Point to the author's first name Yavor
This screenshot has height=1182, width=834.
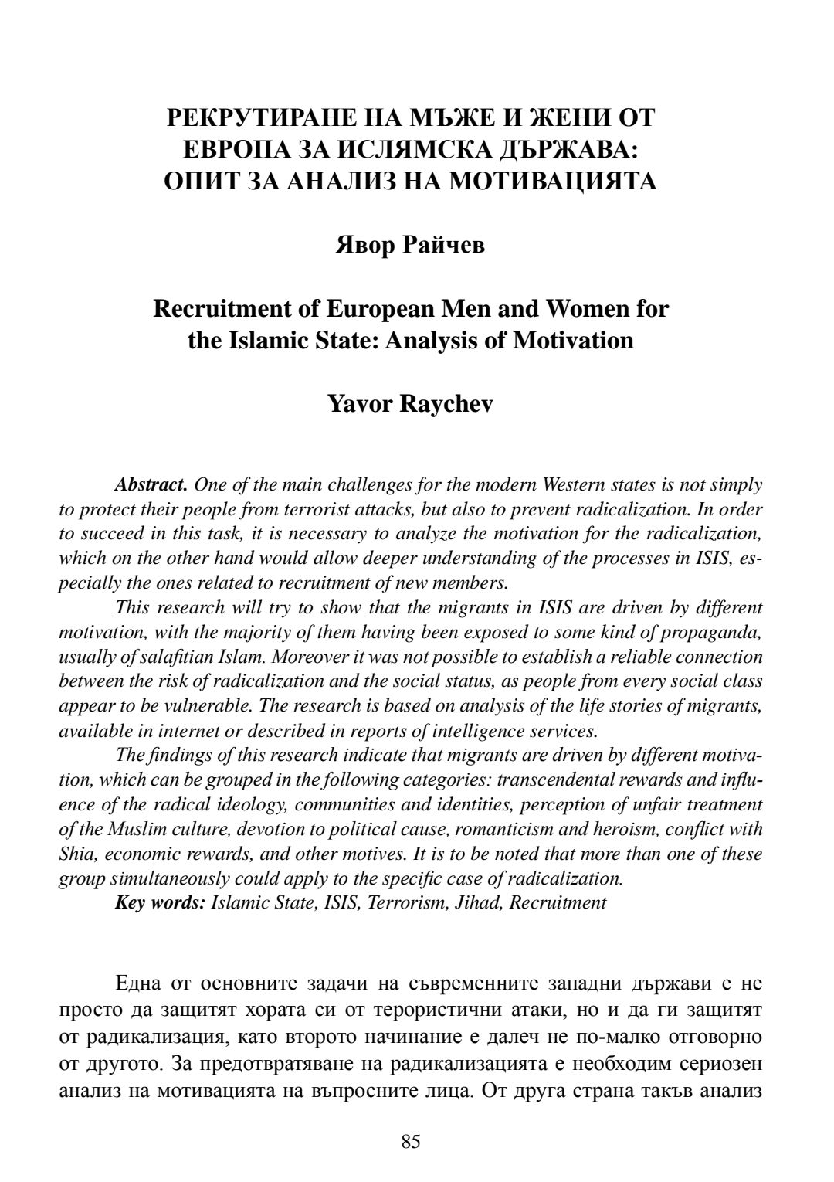(x=359, y=403)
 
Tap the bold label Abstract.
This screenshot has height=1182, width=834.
(x=151, y=485)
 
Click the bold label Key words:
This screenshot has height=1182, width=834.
(x=160, y=902)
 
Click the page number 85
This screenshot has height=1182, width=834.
(x=411, y=1141)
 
